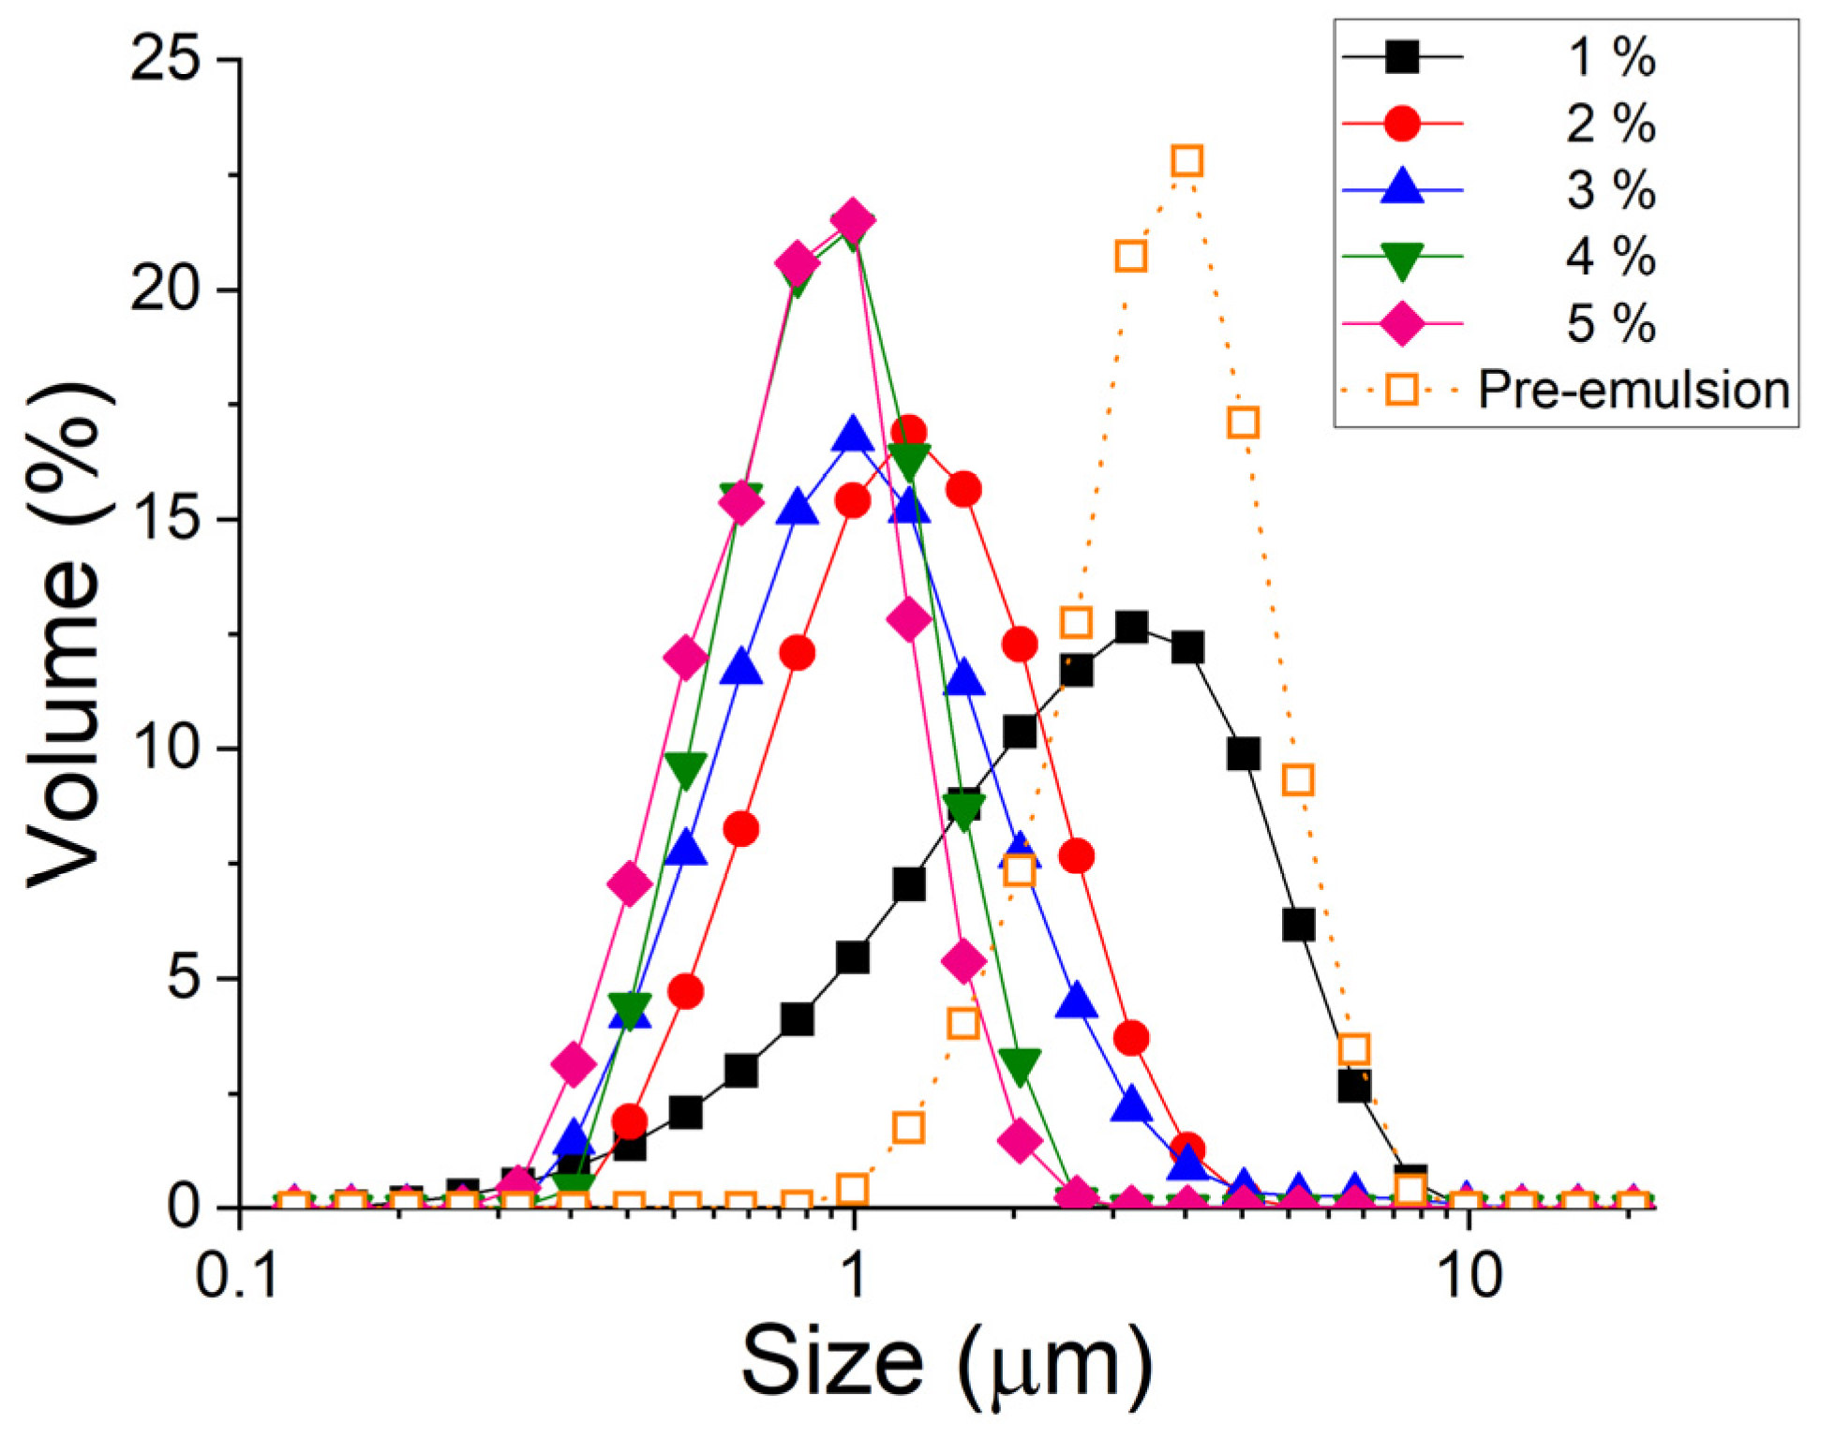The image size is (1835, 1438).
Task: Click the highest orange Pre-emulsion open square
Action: [x=1186, y=161]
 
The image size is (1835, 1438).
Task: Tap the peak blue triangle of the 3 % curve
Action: [x=853, y=436]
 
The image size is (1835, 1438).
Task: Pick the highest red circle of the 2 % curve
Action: [x=908, y=433]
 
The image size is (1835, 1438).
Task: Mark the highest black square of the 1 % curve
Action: [x=1131, y=627]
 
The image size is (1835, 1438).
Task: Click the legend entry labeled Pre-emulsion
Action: [x=1633, y=390]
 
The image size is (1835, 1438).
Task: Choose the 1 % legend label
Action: [x=1611, y=57]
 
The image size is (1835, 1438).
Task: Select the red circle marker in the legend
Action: [x=1402, y=123]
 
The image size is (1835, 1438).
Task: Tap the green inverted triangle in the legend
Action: [x=1402, y=258]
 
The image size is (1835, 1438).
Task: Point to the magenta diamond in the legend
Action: [x=1402, y=324]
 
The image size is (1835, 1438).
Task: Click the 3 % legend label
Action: [x=1611, y=190]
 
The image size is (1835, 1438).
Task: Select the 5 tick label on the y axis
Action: [x=184, y=979]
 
